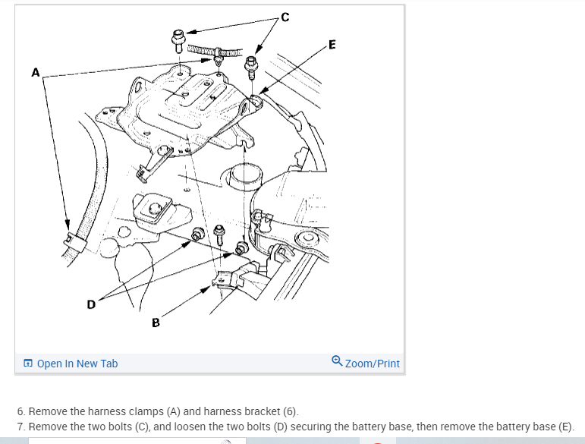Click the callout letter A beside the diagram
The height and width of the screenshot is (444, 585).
[x=34, y=73]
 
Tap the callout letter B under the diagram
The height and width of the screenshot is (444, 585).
[x=156, y=323]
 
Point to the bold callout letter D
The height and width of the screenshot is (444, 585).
[x=91, y=304]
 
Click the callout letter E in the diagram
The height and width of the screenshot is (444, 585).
[x=333, y=44]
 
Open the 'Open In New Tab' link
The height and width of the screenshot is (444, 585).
[x=77, y=364]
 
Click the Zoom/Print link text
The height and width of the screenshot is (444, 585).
[x=372, y=364]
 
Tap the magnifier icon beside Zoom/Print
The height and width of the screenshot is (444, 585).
[x=337, y=363]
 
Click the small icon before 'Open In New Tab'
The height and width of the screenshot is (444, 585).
[x=28, y=364]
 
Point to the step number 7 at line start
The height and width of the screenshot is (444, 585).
[x=20, y=426]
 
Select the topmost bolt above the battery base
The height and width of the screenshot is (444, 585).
[x=178, y=37]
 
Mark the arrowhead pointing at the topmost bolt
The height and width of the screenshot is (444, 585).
[x=191, y=33]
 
